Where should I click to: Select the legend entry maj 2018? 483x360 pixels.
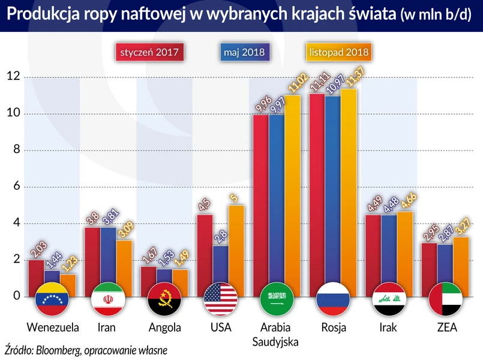pos(245,52)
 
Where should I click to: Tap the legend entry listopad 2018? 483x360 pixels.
pos(340,52)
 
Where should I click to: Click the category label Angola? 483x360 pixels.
pos(164,328)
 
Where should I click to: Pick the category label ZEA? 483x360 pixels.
pos(444,328)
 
